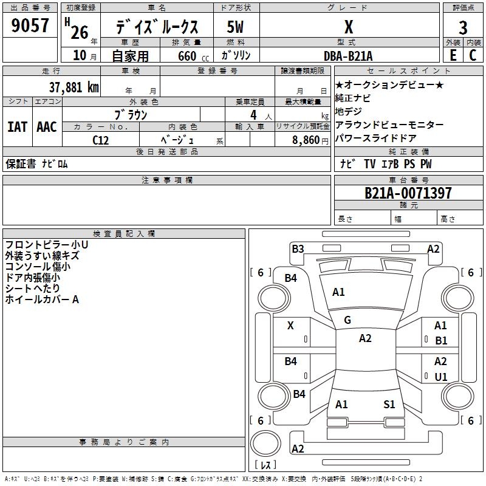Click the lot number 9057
30,26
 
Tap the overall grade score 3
463,28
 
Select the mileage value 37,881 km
74,87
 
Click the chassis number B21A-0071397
408,193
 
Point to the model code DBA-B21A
348,56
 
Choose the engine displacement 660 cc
193,56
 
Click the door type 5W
235,27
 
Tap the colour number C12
101,140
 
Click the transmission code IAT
18,127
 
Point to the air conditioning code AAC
47,127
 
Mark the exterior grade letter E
453,55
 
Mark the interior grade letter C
473,55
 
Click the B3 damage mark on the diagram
298,249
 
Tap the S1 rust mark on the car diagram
389,404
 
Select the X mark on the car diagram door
290,326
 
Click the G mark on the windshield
347,320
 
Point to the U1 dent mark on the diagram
441,377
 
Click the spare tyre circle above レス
265,444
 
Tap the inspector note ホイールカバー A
42,299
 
